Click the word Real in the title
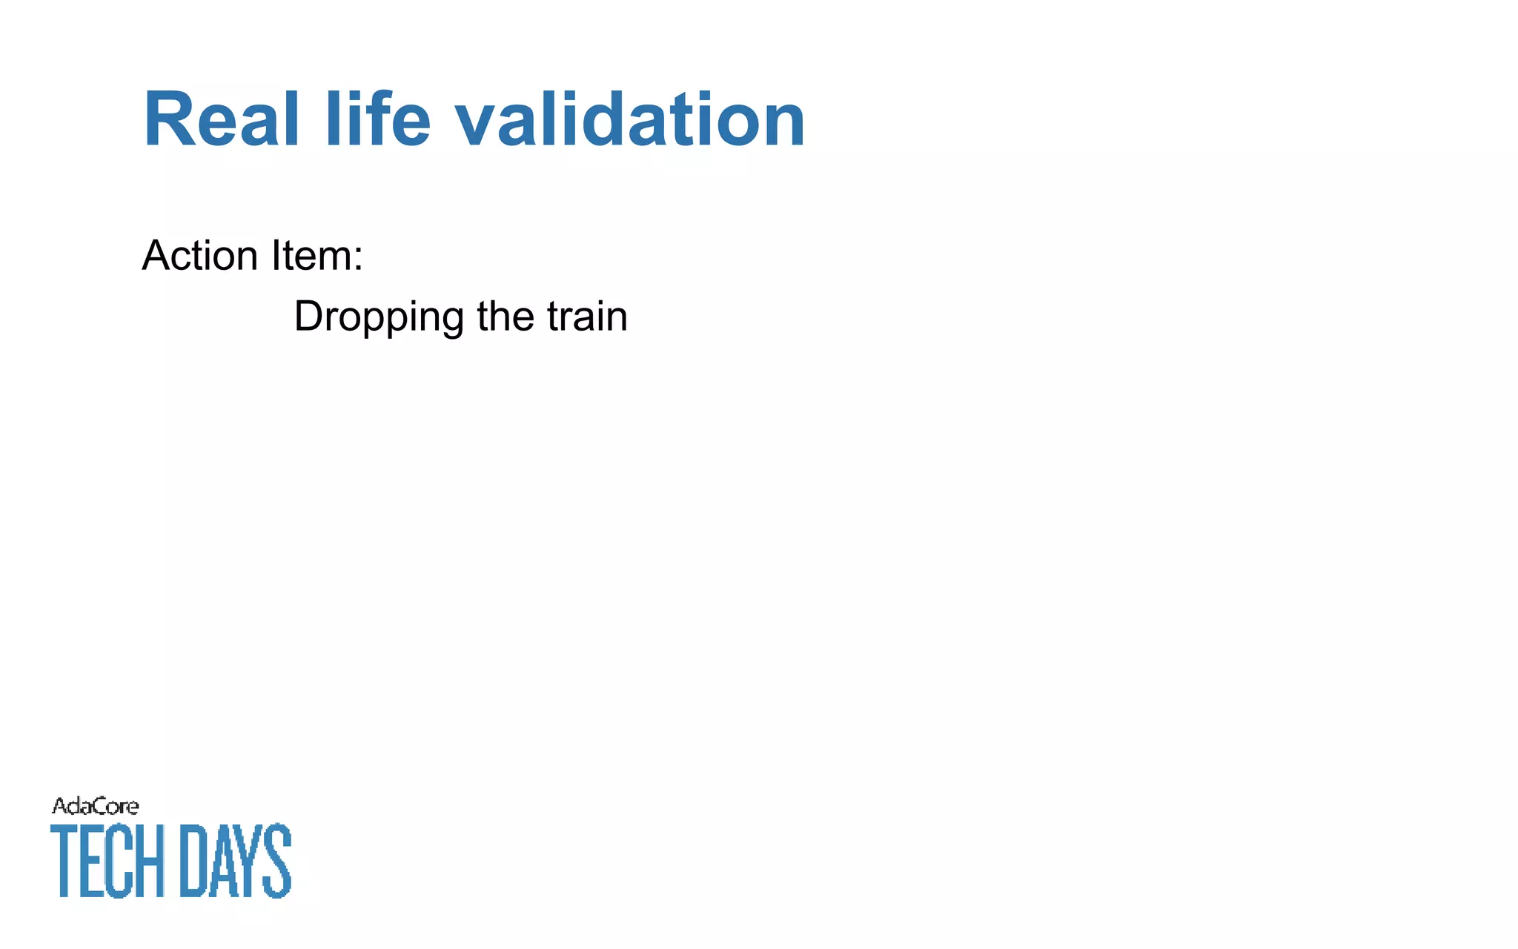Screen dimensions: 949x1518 click(x=221, y=120)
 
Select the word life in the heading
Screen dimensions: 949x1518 click(x=377, y=120)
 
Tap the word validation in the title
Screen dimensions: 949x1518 click(x=629, y=120)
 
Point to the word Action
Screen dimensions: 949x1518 click(x=199, y=256)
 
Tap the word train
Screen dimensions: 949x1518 click(x=587, y=317)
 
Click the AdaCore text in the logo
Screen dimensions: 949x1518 click(x=95, y=806)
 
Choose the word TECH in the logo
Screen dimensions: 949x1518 click(x=107, y=861)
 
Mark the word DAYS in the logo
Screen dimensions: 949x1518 click(x=236, y=861)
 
